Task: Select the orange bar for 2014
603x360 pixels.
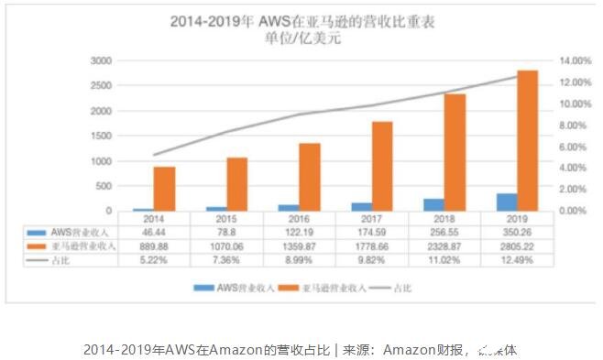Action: pos(164,189)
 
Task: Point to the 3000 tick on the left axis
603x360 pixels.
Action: pos(101,60)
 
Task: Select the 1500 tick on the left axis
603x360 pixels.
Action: pos(101,136)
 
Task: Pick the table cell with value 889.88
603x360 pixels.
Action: pos(154,247)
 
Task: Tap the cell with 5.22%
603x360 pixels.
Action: pos(154,260)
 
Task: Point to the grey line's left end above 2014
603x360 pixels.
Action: pos(154,155)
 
